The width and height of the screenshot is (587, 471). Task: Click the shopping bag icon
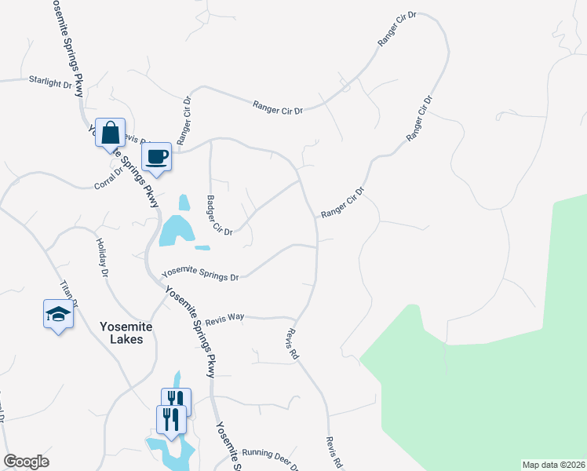[111, 133]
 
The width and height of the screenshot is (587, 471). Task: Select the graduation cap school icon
[57, 314]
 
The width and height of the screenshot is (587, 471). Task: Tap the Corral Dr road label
[108, 177]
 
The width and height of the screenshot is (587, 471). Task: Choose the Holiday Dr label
[101, 258]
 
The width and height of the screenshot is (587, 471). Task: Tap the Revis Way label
[224, 319]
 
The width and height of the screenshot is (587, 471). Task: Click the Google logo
[26, 462]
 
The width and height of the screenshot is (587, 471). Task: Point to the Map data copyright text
[553, 465]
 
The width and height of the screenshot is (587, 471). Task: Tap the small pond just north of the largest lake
[184, 203]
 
